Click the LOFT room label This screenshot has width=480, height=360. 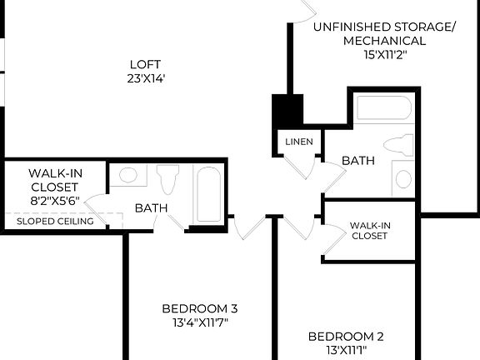tap(145, 64)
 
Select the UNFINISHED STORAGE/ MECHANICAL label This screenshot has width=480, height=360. tap(384, 33)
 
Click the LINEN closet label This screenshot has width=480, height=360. tap(299, 142)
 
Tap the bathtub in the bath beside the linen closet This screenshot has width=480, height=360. tap(383, 110)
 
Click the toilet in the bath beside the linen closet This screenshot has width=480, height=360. tap(402, 144)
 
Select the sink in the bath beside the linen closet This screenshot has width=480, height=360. tap(403, 177)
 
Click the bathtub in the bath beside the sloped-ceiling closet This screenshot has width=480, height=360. tap(208, 193)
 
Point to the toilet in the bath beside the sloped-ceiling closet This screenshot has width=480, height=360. tap(169, 177)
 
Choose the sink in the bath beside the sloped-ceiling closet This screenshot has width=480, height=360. tap(128, 176)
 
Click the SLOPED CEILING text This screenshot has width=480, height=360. tap(55, 221)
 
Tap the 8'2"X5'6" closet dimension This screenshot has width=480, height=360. tap(55, 200)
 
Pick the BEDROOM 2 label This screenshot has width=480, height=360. tap(346, 337)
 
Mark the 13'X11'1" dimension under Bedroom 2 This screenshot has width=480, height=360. tap(346, 352)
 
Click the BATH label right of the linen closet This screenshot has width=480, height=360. tap(357, 160)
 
